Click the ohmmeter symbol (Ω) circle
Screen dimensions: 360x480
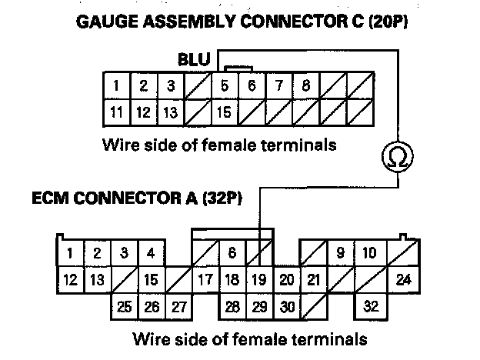[398, 159]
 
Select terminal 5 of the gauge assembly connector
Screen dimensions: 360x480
[224, 85]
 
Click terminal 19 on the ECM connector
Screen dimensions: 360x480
[259, 280]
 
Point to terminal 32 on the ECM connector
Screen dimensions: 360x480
[371, 306]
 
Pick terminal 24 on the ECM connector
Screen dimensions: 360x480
[403, 280]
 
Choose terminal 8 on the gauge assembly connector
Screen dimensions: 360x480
[305, 85]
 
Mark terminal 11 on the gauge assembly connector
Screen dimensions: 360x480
[117, 113]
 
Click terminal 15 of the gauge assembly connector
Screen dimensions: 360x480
[224, 113]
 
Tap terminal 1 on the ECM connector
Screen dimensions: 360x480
[69, 252]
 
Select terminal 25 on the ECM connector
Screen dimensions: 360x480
[125, 306]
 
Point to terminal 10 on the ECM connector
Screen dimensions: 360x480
[369, 252]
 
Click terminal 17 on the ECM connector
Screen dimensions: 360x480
[205, 280]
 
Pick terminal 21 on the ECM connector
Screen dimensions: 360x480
[313, 280]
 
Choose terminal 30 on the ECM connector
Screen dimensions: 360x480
[286, 306]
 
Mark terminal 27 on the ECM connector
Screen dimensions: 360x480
[178, 306]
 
